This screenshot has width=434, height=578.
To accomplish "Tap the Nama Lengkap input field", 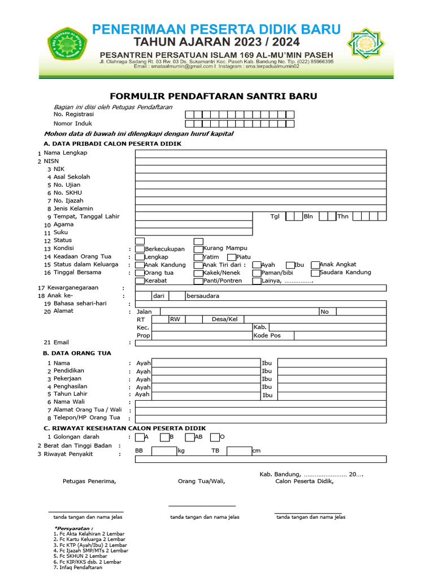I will point(261,154).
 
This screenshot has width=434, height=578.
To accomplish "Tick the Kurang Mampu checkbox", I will point(198,249).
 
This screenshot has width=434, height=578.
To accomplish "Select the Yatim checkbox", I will point(198,257).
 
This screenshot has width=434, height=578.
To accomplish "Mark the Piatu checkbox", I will point(232,257).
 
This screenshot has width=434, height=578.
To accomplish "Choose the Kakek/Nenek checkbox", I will point(198,273).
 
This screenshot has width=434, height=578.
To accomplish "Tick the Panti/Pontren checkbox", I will point(198,281).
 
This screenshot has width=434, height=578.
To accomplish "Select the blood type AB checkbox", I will point(190,437).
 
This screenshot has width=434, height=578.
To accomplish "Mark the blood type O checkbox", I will point(215,437).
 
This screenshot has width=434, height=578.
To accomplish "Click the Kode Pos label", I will point(267,335).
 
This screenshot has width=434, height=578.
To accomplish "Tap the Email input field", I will point(261,343).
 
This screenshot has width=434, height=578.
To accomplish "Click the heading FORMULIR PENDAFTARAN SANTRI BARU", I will point(213,97).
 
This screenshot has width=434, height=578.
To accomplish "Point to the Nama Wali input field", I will point(261,402).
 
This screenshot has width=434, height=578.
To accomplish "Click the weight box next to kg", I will point(164,451).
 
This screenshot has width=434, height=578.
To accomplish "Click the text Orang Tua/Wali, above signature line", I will point(201,481).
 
